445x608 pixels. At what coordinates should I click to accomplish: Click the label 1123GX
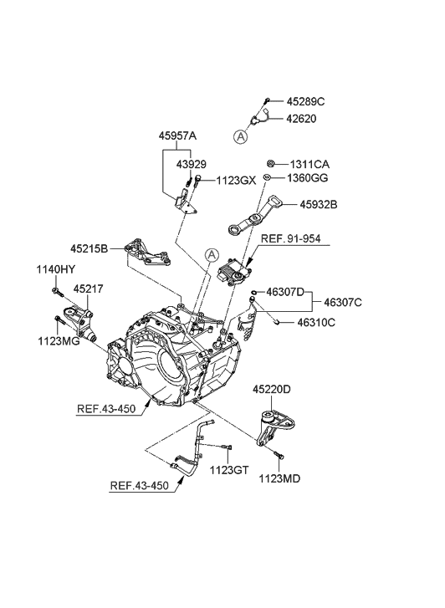[237, 180]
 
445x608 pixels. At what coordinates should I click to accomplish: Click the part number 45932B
[312, 203]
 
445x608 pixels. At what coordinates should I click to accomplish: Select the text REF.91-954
[291, 239]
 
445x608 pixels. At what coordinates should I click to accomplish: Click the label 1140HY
[56, 269]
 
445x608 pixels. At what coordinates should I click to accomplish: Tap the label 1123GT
[229, 469]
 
